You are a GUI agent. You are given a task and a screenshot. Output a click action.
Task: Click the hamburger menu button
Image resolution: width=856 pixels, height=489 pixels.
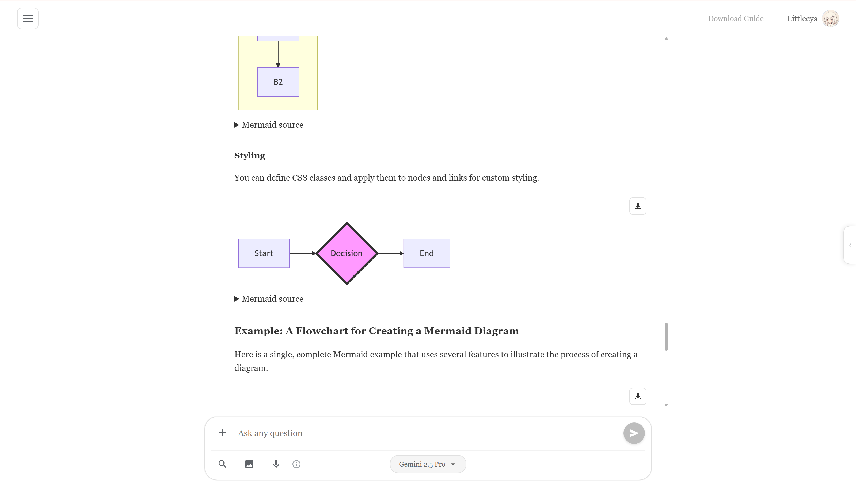tap(28, 18)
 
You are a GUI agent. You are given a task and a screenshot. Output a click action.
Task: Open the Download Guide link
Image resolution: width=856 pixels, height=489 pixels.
tap(735, 18)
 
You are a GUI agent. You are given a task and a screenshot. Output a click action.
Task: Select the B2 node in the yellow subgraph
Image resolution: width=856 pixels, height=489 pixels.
tap(278, 82)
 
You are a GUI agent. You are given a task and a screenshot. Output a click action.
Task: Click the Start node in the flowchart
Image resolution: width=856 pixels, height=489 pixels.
tap(264, 253)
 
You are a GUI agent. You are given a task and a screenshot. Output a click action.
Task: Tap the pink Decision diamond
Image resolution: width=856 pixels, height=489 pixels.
tap(346, 253)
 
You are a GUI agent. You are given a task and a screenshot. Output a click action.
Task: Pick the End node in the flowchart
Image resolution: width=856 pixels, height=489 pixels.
tap(426, 253)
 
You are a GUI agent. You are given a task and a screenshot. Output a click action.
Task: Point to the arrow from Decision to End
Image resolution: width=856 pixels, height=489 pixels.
tap(390, 253)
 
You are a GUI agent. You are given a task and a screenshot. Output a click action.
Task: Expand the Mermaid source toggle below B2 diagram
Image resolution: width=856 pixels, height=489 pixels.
tap(269, 125)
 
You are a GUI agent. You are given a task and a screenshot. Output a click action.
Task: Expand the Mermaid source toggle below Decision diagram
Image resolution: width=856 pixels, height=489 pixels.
tap(269, 299)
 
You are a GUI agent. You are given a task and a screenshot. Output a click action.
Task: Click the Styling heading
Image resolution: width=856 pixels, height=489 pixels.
tap(249, 156)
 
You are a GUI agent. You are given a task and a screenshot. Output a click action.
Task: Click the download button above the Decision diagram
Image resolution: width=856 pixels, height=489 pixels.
tap(637, 206)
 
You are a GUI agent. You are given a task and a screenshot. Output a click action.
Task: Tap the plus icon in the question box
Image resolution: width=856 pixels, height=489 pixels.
tap(222, 433)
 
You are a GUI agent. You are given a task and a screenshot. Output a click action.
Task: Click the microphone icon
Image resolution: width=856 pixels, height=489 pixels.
tap(276, 464)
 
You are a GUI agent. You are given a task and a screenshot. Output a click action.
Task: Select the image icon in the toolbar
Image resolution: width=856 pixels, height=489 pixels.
tap(249, 464)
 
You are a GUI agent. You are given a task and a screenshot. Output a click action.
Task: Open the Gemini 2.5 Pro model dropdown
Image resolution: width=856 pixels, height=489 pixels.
tap(427, 464)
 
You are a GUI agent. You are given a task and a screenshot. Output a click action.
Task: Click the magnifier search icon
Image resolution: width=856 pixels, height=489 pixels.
tap(222, 464)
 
